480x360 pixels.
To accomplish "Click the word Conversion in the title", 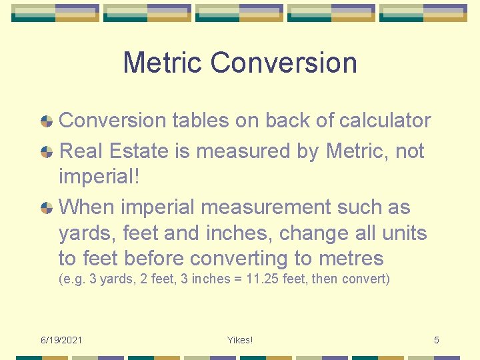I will [284, 63].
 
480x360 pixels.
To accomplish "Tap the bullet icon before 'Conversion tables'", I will [47, 121].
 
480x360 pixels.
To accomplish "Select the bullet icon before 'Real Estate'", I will [47, 151].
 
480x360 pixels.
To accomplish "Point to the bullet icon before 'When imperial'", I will [47, 207].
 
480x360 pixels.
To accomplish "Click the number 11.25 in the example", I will [261, 279].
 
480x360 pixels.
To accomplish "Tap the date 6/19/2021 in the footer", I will [61, 340].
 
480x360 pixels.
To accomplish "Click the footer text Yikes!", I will [239, 340].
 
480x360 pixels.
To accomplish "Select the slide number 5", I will [437, 340].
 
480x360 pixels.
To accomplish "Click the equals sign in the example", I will [235, 279].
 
